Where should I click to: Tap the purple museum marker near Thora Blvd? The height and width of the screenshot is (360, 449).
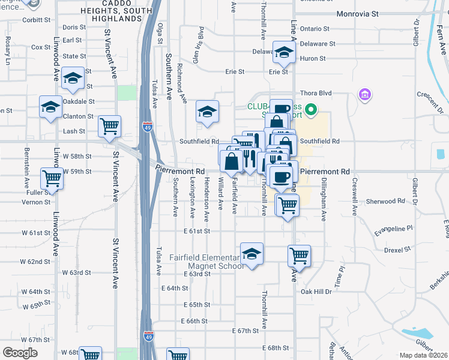point(364,94)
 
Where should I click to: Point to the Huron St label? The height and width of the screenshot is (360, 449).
point(313,59)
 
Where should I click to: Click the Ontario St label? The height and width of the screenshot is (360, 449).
point(315,28)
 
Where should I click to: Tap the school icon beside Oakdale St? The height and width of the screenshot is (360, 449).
point(73,79)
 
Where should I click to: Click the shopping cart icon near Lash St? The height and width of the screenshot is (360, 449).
point(109,126)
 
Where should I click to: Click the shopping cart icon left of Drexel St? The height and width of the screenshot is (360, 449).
point(298,256)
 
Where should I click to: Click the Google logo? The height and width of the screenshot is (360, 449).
point(19,353)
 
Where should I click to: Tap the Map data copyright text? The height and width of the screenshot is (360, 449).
point(423,355)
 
